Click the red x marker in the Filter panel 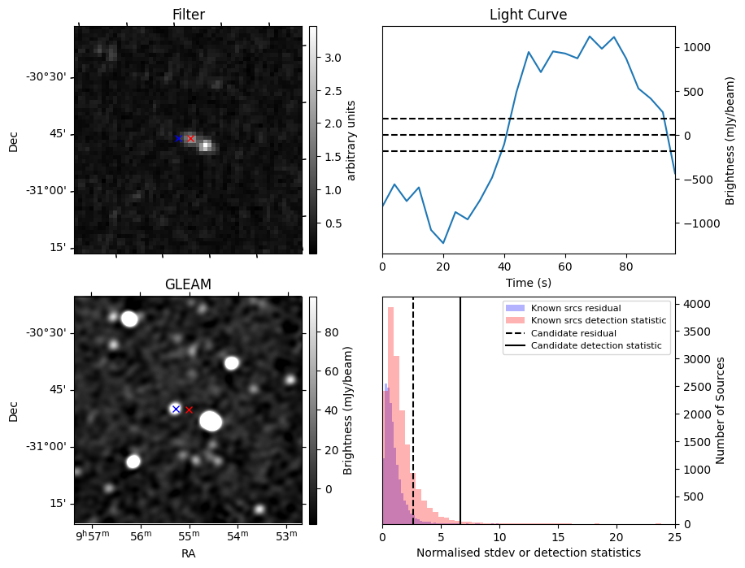pos(191,139)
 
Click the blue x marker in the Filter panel pos(179,139)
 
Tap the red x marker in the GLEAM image pos(189,410)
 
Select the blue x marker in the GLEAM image pos(175,409)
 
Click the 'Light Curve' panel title pos(528,15)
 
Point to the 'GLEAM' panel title pos(188,284)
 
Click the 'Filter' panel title pos(188,15)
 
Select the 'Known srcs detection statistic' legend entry pos(598,321)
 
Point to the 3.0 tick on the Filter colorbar pos(333,58)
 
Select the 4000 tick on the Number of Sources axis pos(695,304)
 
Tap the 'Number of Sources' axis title pos(720,410)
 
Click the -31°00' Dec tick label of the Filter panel pos(46,191)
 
